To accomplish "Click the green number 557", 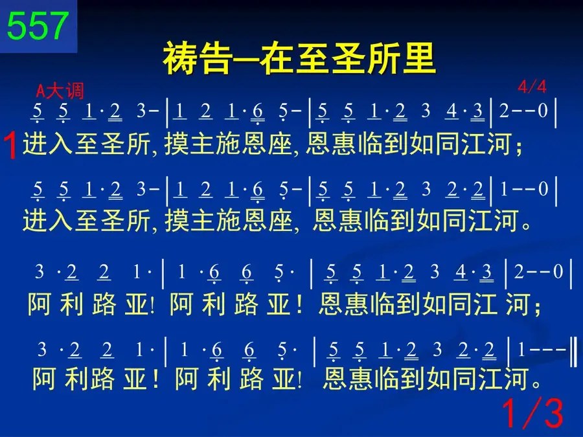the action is pos(38,25).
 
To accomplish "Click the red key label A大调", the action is pos(60,91).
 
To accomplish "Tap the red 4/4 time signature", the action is pos(532,87).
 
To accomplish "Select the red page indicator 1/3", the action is pos(533,413).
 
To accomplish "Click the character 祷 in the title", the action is pos(180,58).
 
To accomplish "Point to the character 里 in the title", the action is pos(419,58).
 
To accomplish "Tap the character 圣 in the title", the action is pos(348,58).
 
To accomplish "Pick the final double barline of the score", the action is pos(575,350).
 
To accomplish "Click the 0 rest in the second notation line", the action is pos(543,189).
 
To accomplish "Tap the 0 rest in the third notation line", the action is pos(558,272).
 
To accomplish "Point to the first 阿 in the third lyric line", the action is pos(39,304).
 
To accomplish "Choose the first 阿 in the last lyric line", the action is pos(44,379).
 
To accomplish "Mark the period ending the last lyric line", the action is pos(536,384).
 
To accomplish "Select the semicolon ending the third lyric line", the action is pos(537,308).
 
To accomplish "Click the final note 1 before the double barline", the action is pos(521,350).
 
